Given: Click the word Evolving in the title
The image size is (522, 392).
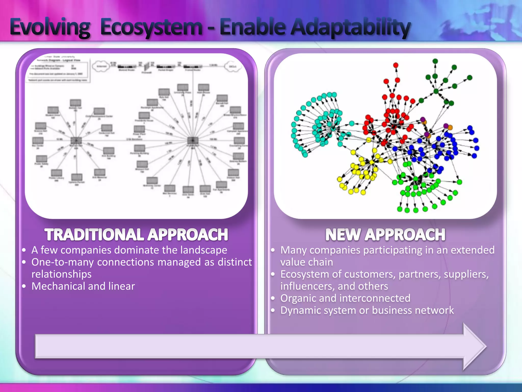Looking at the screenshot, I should [x=50, y=28].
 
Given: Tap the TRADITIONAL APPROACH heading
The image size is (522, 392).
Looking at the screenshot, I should [x=136, y=235].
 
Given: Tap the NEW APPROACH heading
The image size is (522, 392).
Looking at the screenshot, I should [x=385, y=235].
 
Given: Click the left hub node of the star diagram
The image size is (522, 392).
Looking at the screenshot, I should [x=76, y=141].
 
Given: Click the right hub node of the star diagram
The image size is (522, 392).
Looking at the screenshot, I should [x=193, y=140].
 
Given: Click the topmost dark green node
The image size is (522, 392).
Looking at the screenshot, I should [x=435, y=61].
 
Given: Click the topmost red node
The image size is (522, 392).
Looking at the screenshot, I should [x=396, y=65].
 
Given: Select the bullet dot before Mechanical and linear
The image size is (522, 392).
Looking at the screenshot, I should [x=24, y=286].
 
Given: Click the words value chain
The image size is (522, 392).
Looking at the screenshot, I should [x=307, y=262].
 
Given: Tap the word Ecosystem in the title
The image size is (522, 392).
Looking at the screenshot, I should [x=151, y=28].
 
